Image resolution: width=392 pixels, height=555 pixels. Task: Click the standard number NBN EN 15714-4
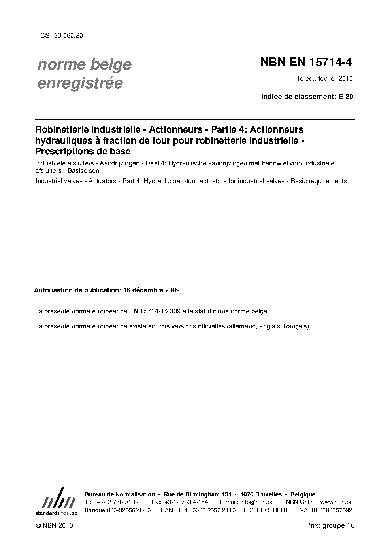tap(306, 63)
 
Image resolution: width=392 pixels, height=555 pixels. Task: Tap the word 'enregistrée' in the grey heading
tap(80, 83)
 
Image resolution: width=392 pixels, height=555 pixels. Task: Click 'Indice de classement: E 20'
tap(307, 96)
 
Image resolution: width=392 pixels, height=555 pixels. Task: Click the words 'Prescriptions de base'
tap(83, 151)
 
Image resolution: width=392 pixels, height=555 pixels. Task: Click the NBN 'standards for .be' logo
tap(56, 502)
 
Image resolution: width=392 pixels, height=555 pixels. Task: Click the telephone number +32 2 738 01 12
tap(118, 502)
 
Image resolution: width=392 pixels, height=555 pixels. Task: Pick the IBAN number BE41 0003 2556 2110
tap(205, 510)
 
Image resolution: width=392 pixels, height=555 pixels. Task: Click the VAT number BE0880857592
tap(332, 510)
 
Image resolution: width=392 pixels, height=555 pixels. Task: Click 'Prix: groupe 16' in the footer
tap(330, 525)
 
